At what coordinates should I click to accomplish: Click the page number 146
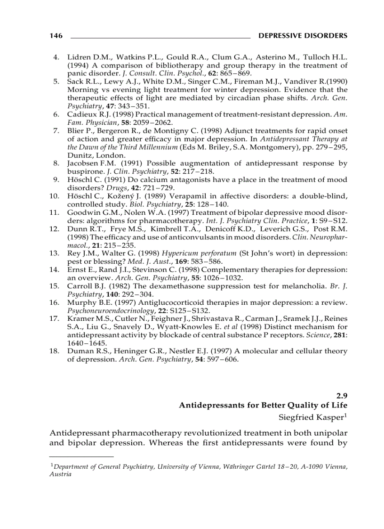pyautogui.click(x=56, y=36)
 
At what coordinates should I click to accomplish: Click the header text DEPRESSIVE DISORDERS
pyautogui.click(x=304, y=36)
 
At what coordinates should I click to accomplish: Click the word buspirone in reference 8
pyautogui.click(x=83, y=171)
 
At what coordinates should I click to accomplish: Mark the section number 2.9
pyautogui.click(x=341, y=396)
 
